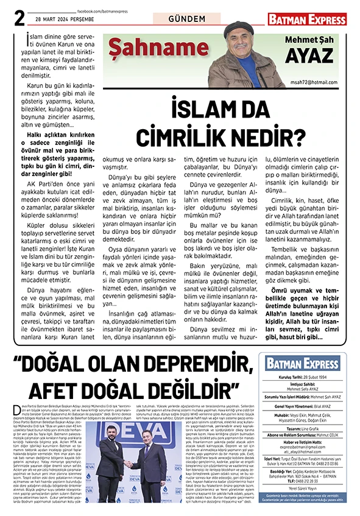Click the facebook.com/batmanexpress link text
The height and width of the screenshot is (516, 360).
(x=103, y=11)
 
